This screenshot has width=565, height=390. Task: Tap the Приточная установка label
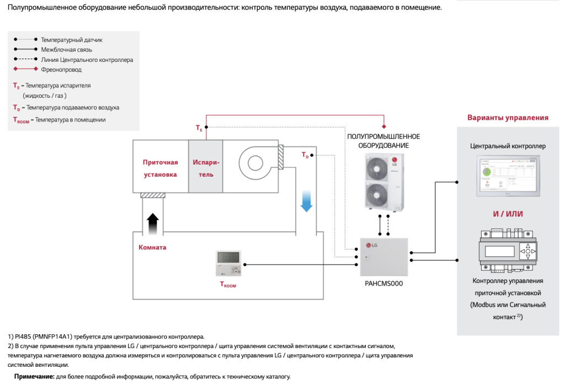tap(160, 168)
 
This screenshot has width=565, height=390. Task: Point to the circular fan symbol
tap(255, 163)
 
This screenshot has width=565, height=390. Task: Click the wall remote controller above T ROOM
tap(229, 263)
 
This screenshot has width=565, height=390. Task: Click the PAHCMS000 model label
tap(384, 283)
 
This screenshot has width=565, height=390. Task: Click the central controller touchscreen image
tap(508, 176)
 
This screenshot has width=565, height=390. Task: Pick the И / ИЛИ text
tap(508, 214)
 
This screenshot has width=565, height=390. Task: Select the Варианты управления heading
tap(508, 118)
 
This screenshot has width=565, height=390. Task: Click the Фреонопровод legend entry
tap(61, 70)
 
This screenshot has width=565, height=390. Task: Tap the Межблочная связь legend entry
tap(67, 50)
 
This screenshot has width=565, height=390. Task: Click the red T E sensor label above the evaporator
tap(199, 128)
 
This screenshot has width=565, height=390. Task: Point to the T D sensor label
tap(305, 155)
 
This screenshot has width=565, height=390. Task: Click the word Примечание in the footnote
tap(34, 376)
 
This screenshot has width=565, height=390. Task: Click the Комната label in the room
tap(152, 247)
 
